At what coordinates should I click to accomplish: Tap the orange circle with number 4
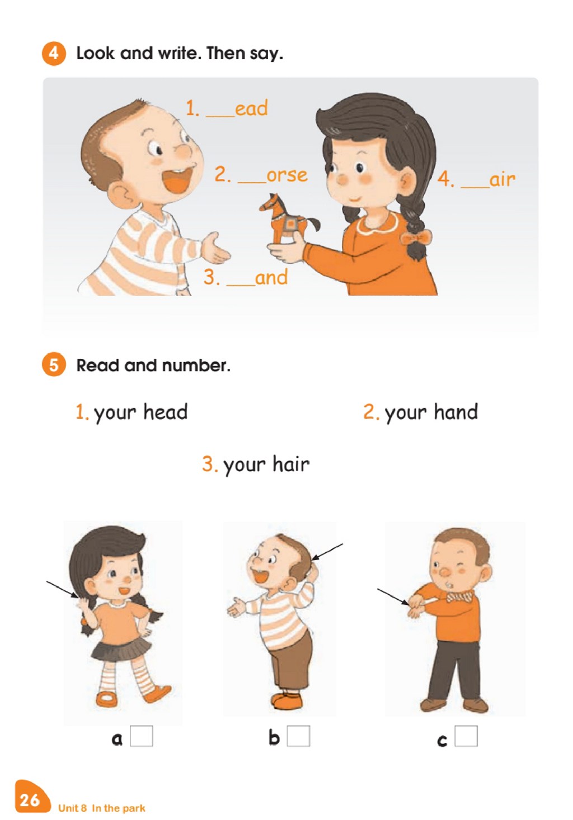pos(54,54)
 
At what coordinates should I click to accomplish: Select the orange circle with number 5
pos(54,364)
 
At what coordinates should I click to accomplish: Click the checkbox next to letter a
pos(142,736)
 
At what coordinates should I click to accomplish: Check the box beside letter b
pos(298,736)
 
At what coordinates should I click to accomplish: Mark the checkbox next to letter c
pos(466,736)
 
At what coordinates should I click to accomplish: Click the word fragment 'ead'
pos(251,108)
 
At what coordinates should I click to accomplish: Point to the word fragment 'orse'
pos(287,176)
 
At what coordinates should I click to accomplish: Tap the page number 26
pos(30,800)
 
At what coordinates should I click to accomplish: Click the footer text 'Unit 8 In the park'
pos(101,808)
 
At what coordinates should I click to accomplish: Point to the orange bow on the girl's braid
pos(416,238)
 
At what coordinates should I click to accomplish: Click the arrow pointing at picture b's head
pos(327,552)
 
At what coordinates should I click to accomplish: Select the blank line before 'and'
pos(241,285)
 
